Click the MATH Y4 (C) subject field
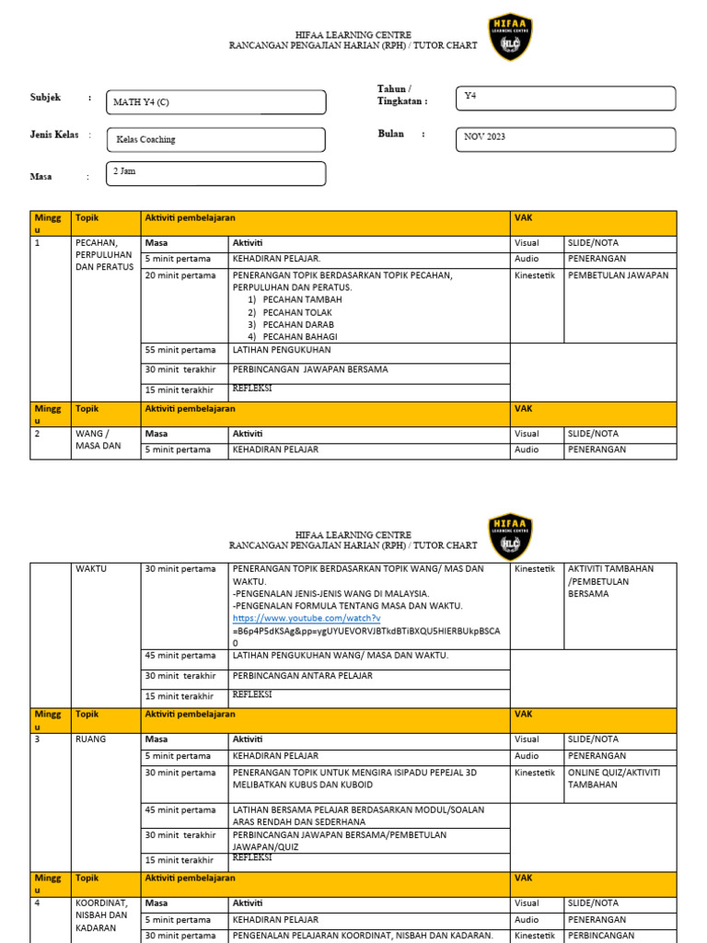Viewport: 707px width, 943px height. click(x=216, y=102)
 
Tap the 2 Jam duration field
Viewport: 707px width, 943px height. click(x=216, y=173)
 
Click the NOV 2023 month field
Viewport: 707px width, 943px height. click(x=565, y=137)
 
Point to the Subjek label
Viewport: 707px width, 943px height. click(x=45, y=97)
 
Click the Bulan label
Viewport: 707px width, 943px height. click(x=391, y=134)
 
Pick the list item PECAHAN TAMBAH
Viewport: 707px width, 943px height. click(x=302, y=300)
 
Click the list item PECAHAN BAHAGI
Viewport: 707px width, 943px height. click(x=300, y=336)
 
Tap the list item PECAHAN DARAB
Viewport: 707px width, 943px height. click(x=298, y=324)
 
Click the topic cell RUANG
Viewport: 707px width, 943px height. click(x=90, y=739)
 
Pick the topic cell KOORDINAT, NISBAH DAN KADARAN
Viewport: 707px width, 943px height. click(x=102, y=916)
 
